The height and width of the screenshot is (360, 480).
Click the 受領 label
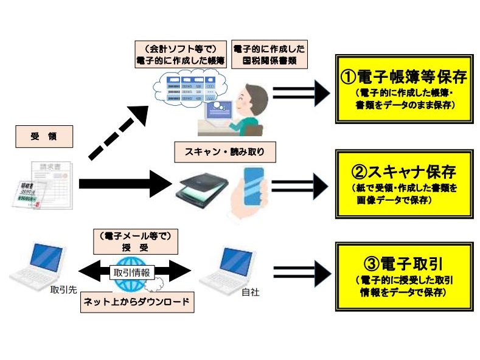point(43,137)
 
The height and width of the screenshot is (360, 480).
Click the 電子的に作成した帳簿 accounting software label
point(180,55)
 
